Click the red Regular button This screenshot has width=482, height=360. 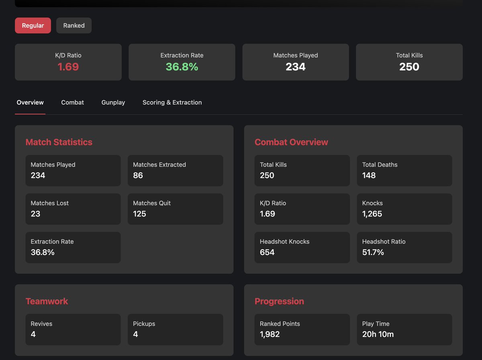(33, 25)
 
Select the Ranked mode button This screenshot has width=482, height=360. (74, 25)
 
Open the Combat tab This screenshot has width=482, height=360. (72, 102)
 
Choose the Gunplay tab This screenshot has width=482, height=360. (113, 102)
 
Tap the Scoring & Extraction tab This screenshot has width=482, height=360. (172, 102)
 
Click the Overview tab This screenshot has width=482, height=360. (30, 102)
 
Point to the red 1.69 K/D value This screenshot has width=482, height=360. (68, 67)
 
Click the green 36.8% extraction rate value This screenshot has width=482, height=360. (182, 67)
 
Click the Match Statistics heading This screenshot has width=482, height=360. (59, 142)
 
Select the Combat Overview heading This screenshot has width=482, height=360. (291, 142)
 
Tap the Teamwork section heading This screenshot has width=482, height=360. (47, 301)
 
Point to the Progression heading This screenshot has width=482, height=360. (279, 301)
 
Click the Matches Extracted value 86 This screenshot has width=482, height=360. (138, 175)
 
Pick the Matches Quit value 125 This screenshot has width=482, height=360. (140, 214)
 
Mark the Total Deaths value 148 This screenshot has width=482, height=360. (369, 175)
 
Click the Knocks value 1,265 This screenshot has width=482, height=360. (372, 214)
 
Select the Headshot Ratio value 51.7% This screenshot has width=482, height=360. (373, 252)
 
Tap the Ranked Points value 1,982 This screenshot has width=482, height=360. (270, 334)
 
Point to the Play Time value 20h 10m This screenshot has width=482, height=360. (378, 334)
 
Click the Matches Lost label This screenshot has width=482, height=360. (50, 203)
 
